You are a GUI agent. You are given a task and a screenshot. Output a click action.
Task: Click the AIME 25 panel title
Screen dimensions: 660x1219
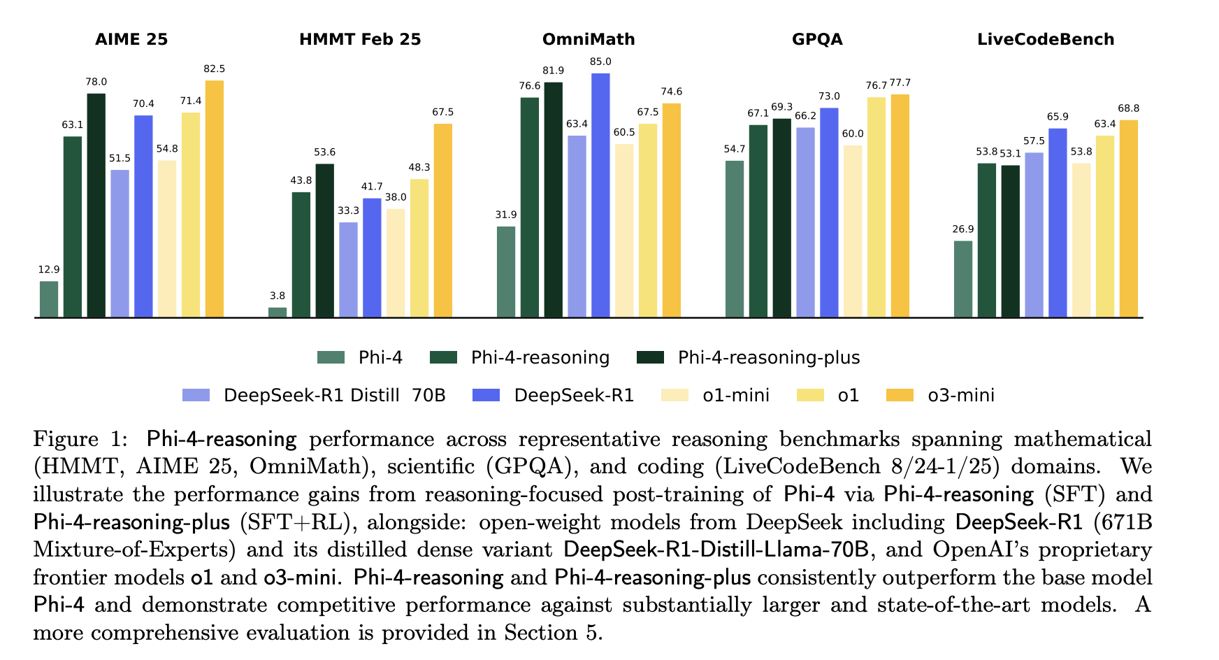131,39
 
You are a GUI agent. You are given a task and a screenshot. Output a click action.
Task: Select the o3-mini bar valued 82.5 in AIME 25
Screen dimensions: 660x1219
214,199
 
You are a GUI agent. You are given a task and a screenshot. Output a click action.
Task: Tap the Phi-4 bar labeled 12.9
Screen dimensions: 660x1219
49,299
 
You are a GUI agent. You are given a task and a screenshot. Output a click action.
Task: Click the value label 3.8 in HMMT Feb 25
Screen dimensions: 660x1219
277,296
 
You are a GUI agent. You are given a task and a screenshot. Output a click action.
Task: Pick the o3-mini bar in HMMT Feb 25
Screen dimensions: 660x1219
442,221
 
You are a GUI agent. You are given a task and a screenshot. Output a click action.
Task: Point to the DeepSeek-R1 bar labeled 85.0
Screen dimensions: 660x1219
600,196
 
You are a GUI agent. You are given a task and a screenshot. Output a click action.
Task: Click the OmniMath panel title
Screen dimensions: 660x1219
589,39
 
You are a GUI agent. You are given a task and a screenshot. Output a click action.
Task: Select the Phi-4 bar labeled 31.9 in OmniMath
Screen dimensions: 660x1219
506,272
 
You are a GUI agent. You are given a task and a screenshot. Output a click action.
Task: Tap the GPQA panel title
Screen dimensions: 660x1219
817,39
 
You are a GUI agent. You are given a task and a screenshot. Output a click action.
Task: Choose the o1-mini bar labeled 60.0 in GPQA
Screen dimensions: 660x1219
853,231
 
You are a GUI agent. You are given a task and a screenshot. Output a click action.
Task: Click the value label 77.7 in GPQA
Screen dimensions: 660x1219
900,83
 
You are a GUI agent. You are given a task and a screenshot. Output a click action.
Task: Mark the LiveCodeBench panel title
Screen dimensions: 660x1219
1046,39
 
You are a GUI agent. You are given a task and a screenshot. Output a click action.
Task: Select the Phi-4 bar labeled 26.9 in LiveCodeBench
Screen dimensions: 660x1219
963,280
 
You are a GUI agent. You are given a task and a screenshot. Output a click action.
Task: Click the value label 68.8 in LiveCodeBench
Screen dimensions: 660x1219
1128,108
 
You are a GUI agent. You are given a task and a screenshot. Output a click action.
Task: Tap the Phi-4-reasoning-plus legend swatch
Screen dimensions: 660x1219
651,358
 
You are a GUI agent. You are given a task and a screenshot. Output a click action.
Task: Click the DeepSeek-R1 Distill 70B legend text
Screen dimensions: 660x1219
334,396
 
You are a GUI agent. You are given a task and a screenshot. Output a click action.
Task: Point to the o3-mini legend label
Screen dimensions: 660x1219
961,396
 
